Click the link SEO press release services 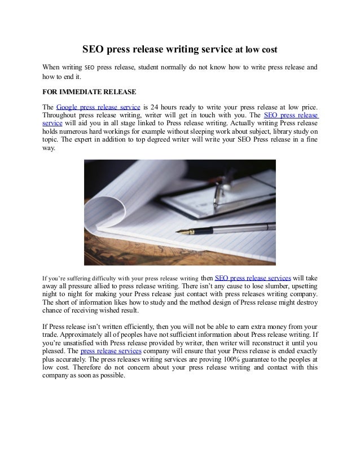tap(253, 278)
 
